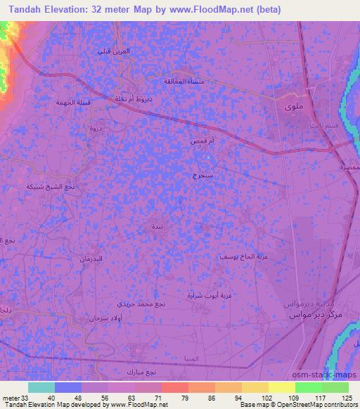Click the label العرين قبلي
pos(113,51)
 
